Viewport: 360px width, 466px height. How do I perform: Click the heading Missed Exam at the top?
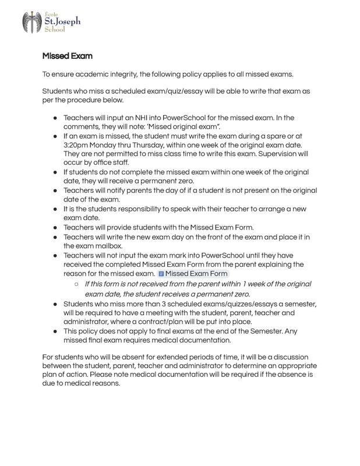pyautogui.click(x=67, y=57)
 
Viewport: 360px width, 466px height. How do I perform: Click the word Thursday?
pyautogui.click(x=156, y=144)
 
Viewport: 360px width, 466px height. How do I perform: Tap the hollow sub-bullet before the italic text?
pyautogui.click(x=76, y=284)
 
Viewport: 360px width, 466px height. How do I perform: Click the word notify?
pyautogui.click(x=117, y=190)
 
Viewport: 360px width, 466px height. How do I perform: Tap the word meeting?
pyautogui.click(x=162, y=313)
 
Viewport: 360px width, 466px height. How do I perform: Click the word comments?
pyautogui.click(x=83, y=126)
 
